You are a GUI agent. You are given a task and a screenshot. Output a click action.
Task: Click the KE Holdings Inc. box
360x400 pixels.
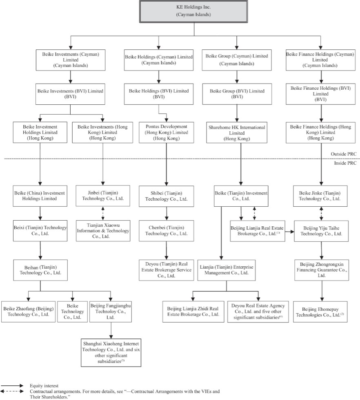coord(193,11)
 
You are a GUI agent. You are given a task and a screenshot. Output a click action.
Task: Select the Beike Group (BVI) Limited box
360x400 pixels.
coord(237,94)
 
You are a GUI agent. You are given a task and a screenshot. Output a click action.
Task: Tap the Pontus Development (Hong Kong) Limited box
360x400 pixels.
coord(167,133)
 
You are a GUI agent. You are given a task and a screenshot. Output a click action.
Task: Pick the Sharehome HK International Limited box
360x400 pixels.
coord(237,133)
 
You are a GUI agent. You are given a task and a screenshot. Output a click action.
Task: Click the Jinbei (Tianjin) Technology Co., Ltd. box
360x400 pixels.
coord(103,196)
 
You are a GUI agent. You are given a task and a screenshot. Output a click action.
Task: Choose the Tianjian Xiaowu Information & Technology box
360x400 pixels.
coord(103,231)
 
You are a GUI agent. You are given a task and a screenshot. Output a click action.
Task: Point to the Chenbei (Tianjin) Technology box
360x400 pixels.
coord(167,231)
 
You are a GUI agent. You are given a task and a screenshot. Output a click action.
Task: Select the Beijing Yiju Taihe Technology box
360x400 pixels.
coord(321,231)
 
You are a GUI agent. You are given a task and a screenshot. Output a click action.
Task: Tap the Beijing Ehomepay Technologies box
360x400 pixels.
coord(320,312)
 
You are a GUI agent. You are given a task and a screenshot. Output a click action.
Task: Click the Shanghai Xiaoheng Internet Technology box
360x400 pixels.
coord(111,353)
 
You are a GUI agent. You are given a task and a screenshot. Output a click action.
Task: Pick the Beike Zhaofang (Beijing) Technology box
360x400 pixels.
coord(28,312)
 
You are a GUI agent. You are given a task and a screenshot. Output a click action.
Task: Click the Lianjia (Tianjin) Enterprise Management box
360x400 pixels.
coord(227,270)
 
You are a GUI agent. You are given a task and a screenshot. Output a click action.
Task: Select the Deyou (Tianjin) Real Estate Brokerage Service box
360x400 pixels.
coord(167,270)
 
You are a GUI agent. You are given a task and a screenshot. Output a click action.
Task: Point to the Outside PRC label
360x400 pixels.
coord(343,154)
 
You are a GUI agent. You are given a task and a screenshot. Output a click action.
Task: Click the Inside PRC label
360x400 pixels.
coord(345,163)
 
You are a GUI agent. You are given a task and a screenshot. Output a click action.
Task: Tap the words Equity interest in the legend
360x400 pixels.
coord(44,386)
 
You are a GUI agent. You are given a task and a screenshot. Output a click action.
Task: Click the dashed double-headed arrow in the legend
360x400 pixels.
coord(12,391)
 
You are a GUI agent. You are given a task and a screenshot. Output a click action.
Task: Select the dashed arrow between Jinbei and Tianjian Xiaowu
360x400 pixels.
coord(103,213)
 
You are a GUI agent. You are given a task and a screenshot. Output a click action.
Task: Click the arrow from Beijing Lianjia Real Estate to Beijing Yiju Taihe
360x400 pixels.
coord(289,232)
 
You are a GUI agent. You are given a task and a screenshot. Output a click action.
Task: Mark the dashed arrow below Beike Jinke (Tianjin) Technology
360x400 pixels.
coord(321,214)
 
